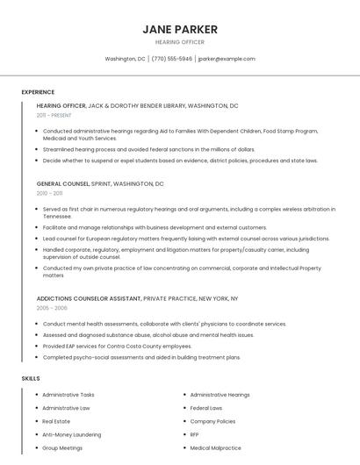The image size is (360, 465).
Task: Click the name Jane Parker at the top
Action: point(179,29)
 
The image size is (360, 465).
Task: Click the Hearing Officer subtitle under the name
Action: point(179,42)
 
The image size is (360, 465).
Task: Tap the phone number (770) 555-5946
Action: point(171,59)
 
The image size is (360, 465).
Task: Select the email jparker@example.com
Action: point(227,59)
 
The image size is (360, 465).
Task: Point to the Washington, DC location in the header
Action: point(125,59)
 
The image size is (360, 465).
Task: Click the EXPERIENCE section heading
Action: point(38,92)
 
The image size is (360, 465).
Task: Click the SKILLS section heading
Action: point(31,378)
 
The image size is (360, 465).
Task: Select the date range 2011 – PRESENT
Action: point(54,115)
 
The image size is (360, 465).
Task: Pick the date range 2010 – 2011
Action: point(49,193)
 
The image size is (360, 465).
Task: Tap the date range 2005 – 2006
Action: point(51,308)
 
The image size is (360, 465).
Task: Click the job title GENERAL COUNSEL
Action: point(63,184)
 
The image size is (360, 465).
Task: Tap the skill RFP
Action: point(195,434)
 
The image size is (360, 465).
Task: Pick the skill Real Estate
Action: point(56,421)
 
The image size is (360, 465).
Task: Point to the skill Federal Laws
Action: point(206,408)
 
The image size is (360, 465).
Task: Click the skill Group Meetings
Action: point(62,447)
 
